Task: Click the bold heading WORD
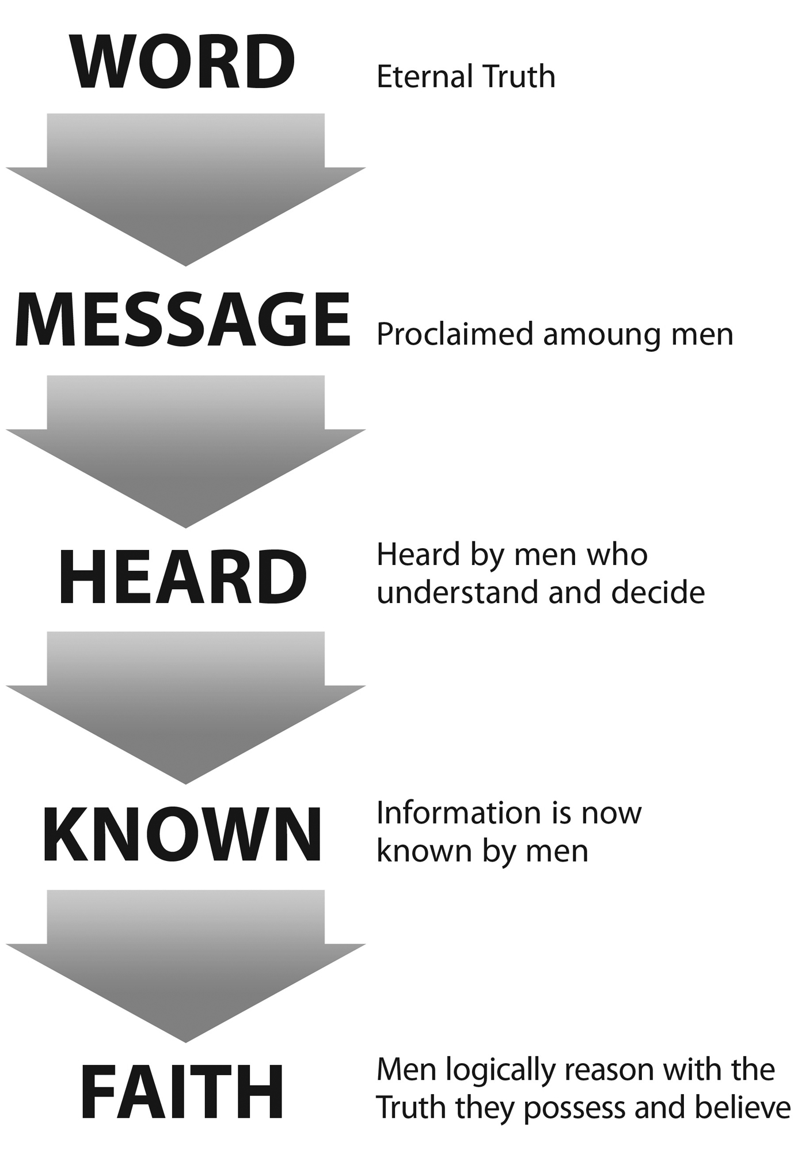(x=183, y=62)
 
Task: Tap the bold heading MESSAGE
(x=183, y=320)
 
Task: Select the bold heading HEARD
(x=183, y=577)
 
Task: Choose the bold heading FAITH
(x=182, y=1092)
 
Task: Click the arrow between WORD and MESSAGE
(x=185, y=189)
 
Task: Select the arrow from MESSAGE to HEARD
(x=185, y=452)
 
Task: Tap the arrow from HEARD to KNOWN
(x=185, y=708)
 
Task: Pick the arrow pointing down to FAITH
(x=185, y=966)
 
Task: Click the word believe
(x=743, y=1108)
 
